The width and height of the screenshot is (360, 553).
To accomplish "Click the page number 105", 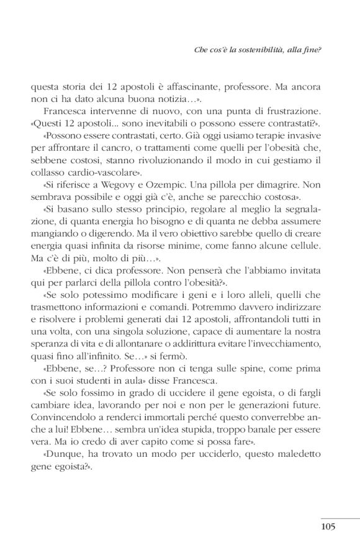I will click(328, 527).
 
